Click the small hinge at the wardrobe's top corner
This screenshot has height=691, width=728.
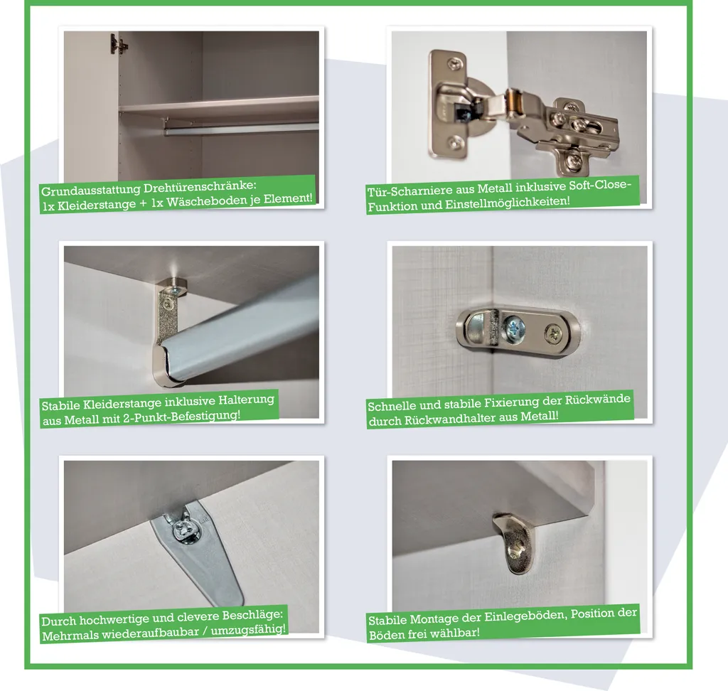point(118,45)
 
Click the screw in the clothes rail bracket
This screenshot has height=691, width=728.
point(168,304)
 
